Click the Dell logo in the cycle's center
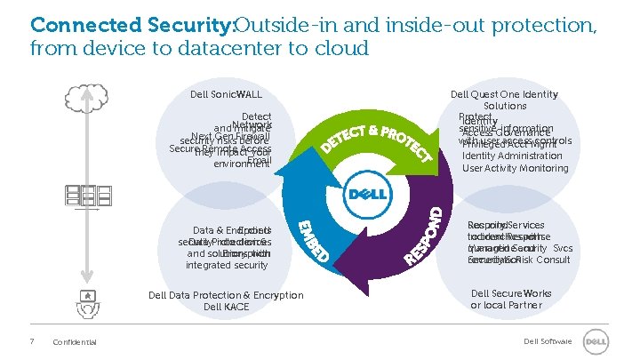click(365, 194)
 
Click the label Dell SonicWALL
click(226, 95)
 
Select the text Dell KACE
click(226, 307)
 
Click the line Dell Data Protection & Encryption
click(226, 295)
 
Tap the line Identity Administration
click(512, 156)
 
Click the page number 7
click(32, 341)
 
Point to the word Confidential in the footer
click(76, 342)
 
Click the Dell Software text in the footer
click(546, 341)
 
